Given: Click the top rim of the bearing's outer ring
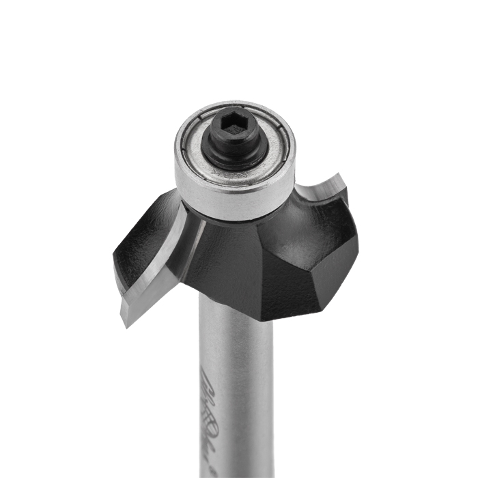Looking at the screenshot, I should tap(236, 105).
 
